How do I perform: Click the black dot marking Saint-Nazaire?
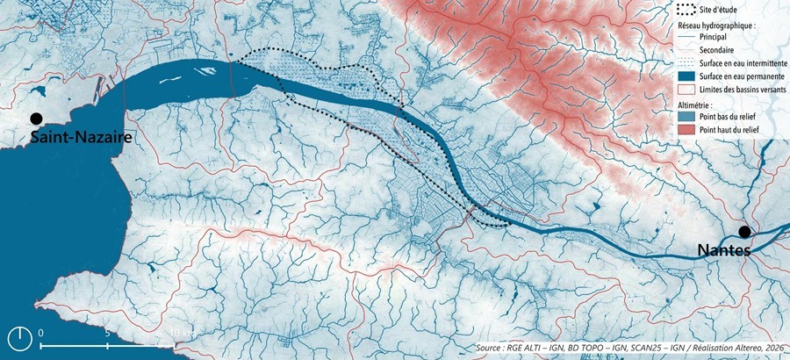tap(35, 119)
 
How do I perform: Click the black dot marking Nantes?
tap(744, 232)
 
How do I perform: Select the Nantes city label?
tap(725, 250)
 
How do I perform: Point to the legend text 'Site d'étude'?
tap(724, 11)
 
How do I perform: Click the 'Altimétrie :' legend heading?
tap(698, 104)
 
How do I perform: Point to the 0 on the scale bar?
tap(41, 334)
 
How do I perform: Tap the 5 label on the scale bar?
tap(107, 334)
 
